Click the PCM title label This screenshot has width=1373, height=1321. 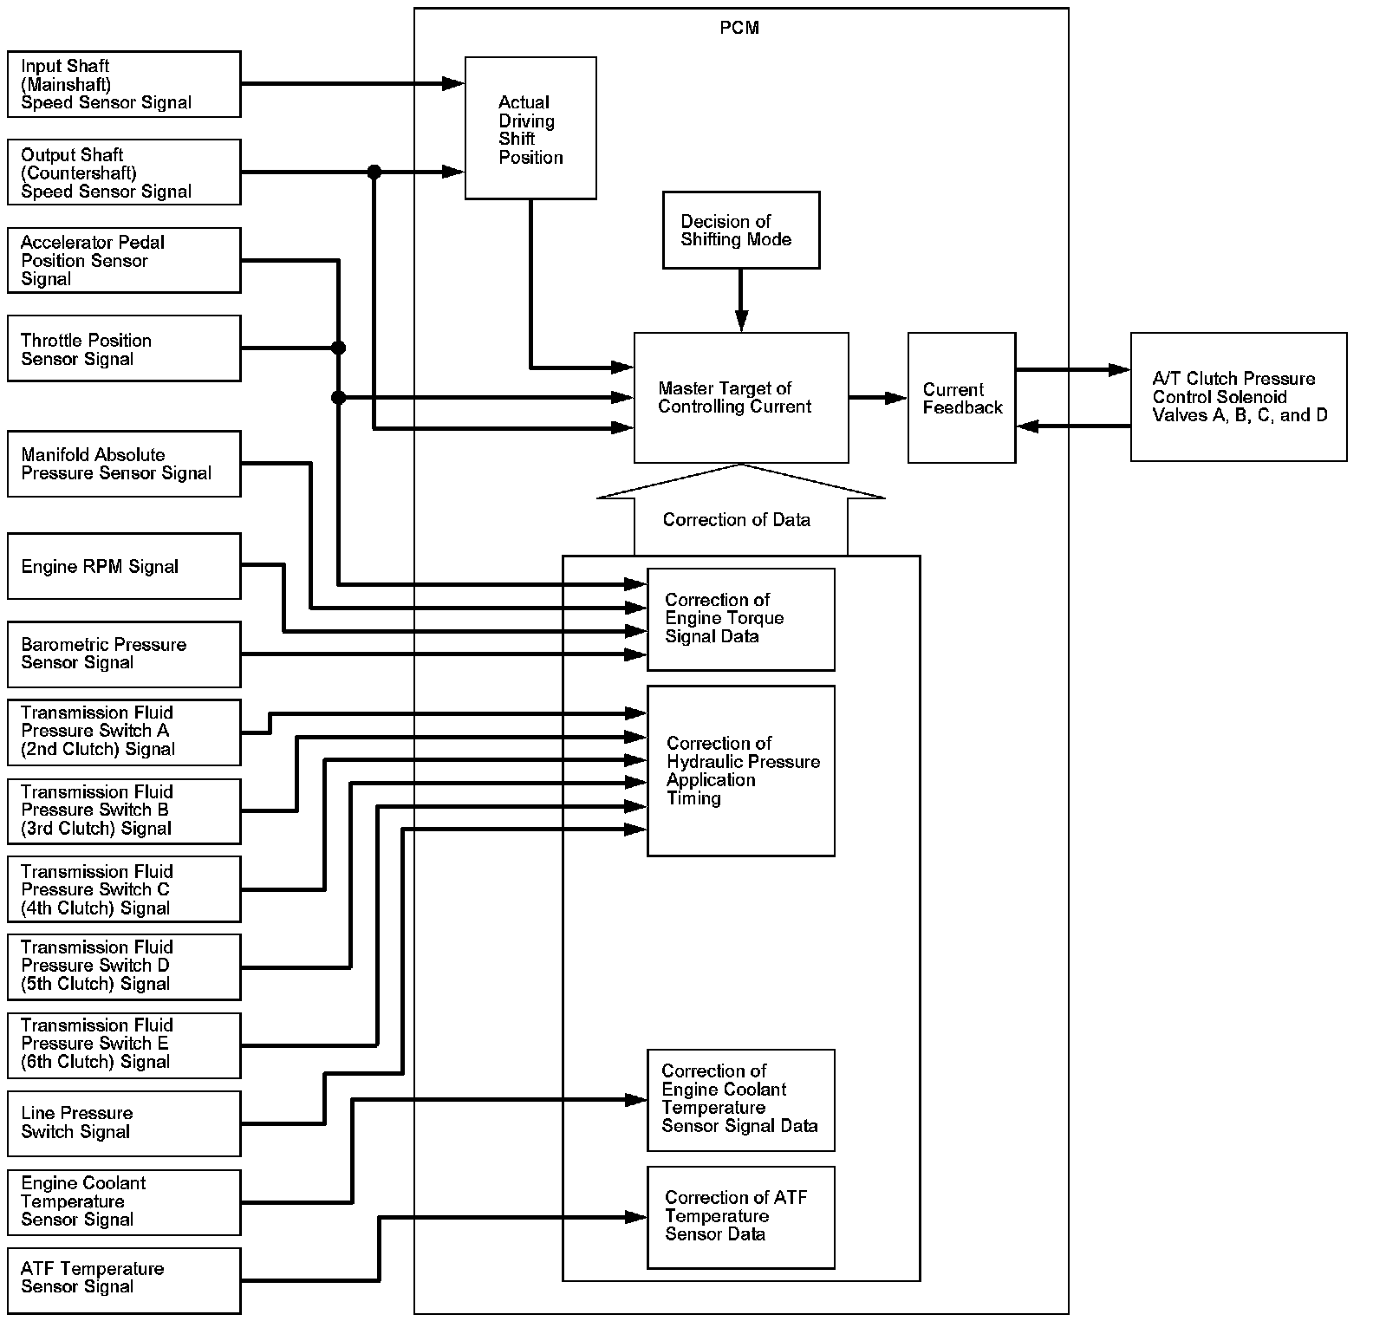(x=739, y=29)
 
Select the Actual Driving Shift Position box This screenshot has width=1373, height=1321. (x=530, y=128)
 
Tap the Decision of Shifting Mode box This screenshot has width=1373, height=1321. (x=740, y=231)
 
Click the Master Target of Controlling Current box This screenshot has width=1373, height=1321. (x=740, y=398)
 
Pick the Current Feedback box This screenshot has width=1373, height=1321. (x=961, y=398)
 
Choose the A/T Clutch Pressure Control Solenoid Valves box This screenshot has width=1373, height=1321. (x=1238, y=397)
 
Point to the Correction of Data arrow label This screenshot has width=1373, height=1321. (x=737, y=519)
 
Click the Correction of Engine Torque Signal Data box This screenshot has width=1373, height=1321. (x=740, y=619)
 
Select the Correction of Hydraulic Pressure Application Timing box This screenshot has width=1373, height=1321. (x=740, y=771)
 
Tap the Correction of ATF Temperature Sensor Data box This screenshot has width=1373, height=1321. (x=740, y=1217)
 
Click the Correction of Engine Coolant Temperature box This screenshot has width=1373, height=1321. (x=740, y=1100)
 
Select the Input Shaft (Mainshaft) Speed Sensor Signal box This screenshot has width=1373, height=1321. (x=124, y=84)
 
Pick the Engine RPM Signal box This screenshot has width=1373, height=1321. (x=124, y=566)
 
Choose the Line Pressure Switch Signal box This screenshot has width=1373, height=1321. (x=124, y=1123)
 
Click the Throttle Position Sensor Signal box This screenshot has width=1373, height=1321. (x=124, y=348)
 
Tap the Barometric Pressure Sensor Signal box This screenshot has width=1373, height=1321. (x=124, y=654)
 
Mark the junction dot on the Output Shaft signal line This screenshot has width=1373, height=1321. (x=374, y=172)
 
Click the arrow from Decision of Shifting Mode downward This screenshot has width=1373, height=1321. (x=740, y=300)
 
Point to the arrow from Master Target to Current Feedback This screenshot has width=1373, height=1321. (x=877, y=398)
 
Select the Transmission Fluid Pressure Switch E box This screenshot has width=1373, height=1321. (x=124, y=1044)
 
